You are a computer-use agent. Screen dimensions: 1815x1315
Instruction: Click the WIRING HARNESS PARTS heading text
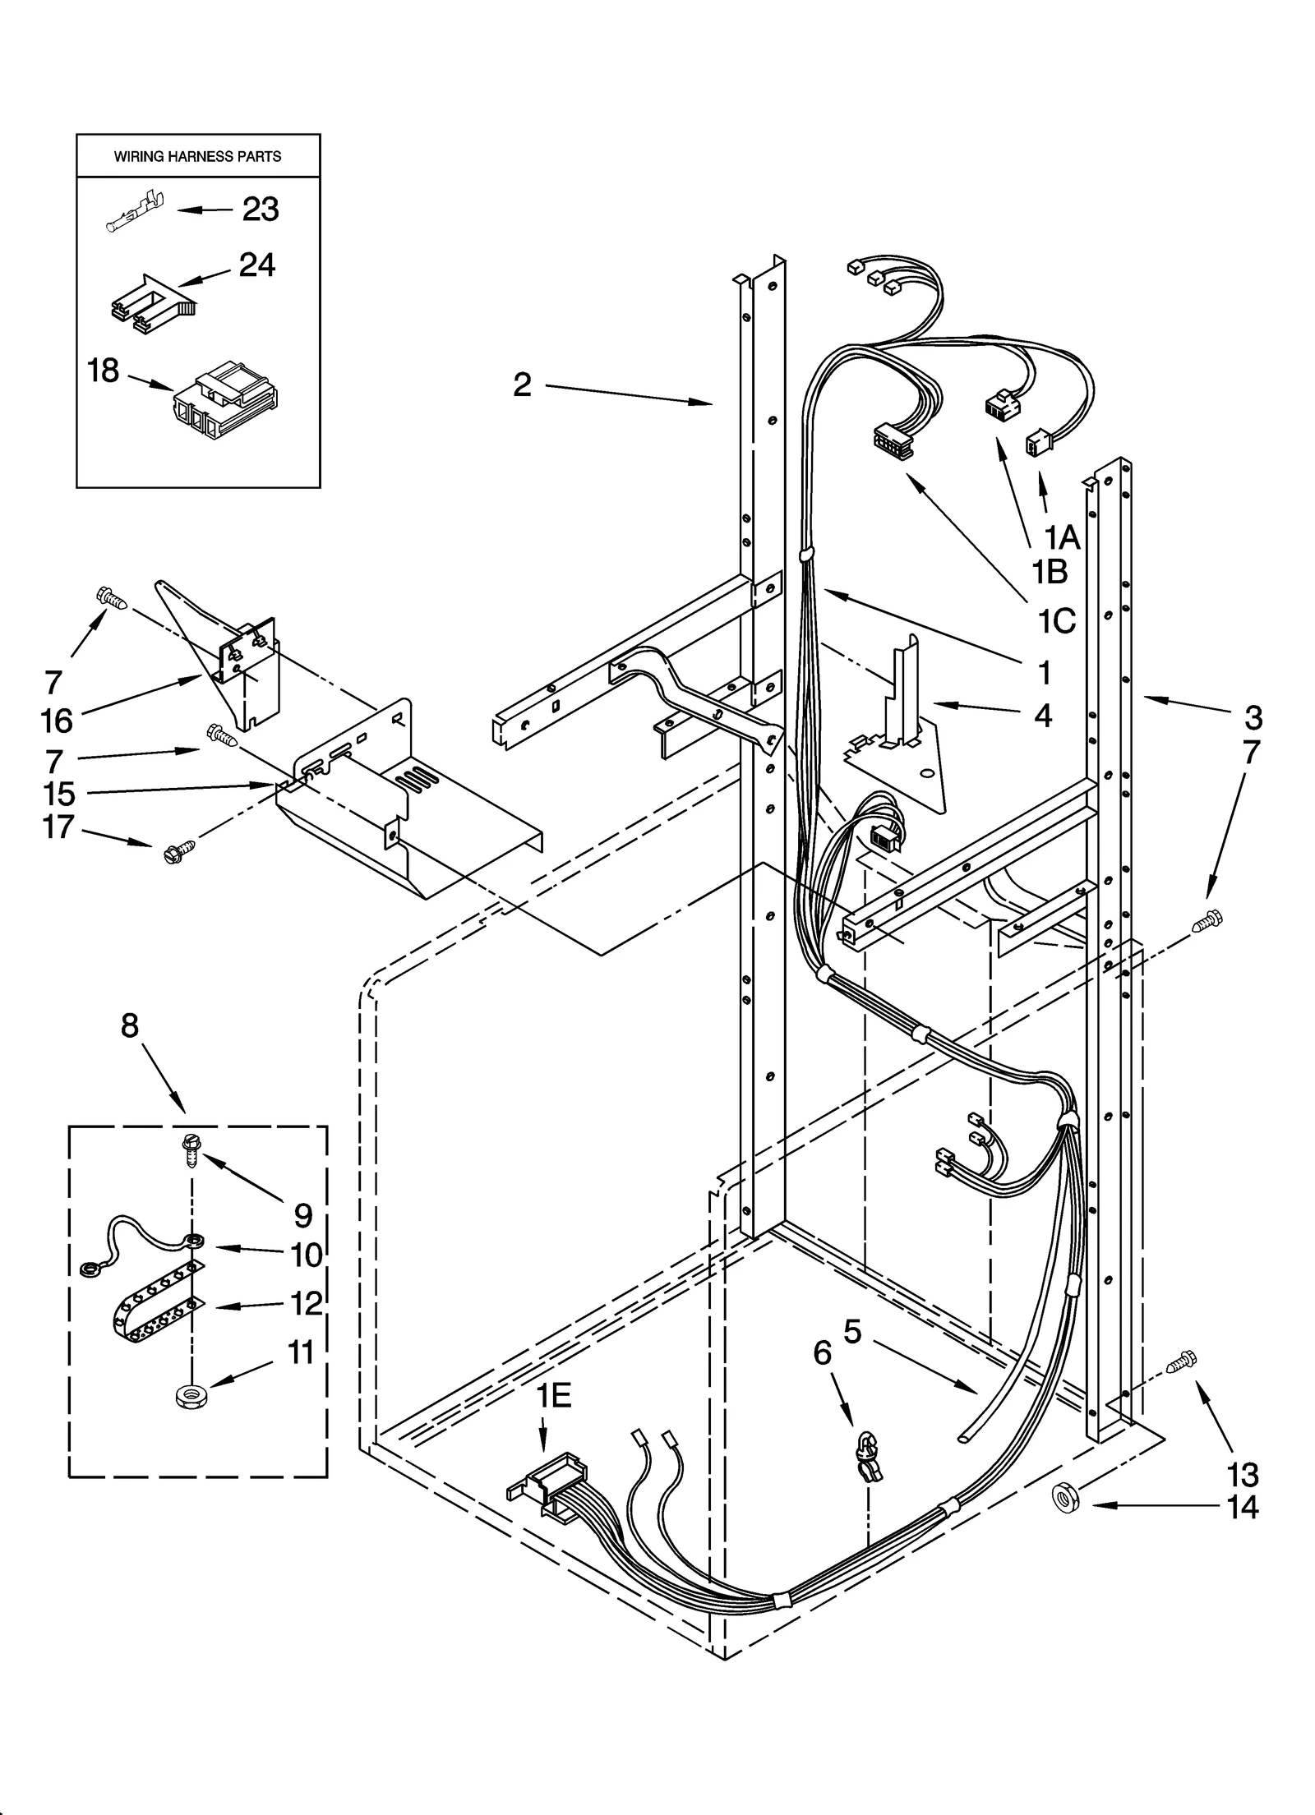(x=197, y=156)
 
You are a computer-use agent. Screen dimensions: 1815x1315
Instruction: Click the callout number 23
(x=260, y=210)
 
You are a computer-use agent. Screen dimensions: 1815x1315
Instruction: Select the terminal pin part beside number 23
(x=135, y=213)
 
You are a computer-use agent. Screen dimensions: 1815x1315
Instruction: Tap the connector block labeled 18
(x=225, y=403)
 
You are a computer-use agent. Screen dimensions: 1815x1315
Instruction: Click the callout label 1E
(x=554, y=1395)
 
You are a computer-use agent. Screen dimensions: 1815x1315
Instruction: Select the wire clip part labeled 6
(x=869, y=1458)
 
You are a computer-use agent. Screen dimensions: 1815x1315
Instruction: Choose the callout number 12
(x=305, y=1303)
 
